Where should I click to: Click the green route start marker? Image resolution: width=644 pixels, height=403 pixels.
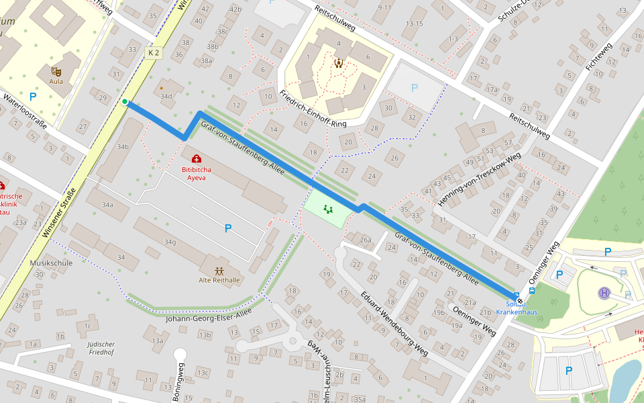(125, 101)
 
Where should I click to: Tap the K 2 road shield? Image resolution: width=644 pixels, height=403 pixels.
(154, 52)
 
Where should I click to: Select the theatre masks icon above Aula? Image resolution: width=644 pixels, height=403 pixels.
(56, 71)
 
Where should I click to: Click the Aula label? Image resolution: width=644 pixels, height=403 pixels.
(56, 82)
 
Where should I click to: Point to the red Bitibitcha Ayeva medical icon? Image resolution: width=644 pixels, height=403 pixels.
(197, 159)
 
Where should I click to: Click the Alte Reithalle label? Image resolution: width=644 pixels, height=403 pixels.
(219, 280)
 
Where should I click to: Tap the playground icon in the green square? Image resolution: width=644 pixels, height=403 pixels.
(328, 209)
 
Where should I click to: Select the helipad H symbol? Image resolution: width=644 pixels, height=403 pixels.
(604, 293)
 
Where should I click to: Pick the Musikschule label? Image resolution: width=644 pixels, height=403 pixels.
(51, 263)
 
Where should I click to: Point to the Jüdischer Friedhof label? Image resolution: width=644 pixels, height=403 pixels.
(101, 347)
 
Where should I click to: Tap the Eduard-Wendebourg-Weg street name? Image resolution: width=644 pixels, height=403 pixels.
(394, 323)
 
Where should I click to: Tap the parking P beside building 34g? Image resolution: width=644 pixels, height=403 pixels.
(228, 228)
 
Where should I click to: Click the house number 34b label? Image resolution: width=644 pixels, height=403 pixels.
(122, 146)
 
